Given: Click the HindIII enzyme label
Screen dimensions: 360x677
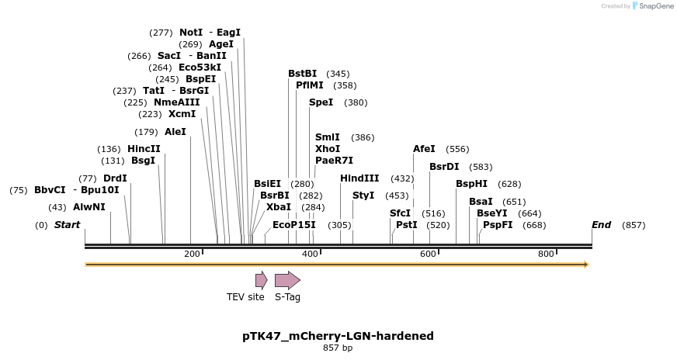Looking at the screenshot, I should coord(359,178).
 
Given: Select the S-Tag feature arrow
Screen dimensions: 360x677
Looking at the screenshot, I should coord(287,280).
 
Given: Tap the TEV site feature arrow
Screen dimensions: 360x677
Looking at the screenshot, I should coord(262,280).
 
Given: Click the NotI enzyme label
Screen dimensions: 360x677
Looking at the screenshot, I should coord(191,33).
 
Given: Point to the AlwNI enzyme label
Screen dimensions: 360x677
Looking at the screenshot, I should coord(89,207).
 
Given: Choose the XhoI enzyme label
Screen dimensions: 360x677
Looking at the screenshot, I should coord(328,148).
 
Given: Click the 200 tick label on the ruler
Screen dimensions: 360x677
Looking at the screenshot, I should coord(192,254).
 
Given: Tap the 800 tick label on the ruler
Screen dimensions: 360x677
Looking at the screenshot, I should coord(546,254).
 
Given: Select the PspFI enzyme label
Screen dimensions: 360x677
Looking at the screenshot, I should coord(498,225).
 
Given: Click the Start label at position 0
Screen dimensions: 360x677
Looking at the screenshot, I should coord(67,225).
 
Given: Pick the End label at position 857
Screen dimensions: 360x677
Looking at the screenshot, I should coord(601,225).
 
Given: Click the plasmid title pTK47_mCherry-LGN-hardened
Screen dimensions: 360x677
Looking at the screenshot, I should coord(338,336).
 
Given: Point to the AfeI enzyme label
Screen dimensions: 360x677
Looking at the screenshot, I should coord(424,149).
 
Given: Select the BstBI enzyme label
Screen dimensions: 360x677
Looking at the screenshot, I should coord(302,74).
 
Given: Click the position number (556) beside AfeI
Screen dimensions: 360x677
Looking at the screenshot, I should coord(457,149).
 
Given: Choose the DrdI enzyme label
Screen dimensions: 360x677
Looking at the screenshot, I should coord(115,178).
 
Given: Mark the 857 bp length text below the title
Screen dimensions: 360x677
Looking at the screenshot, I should coord(338,348).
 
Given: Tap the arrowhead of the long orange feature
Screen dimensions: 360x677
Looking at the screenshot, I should coord(586,265).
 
